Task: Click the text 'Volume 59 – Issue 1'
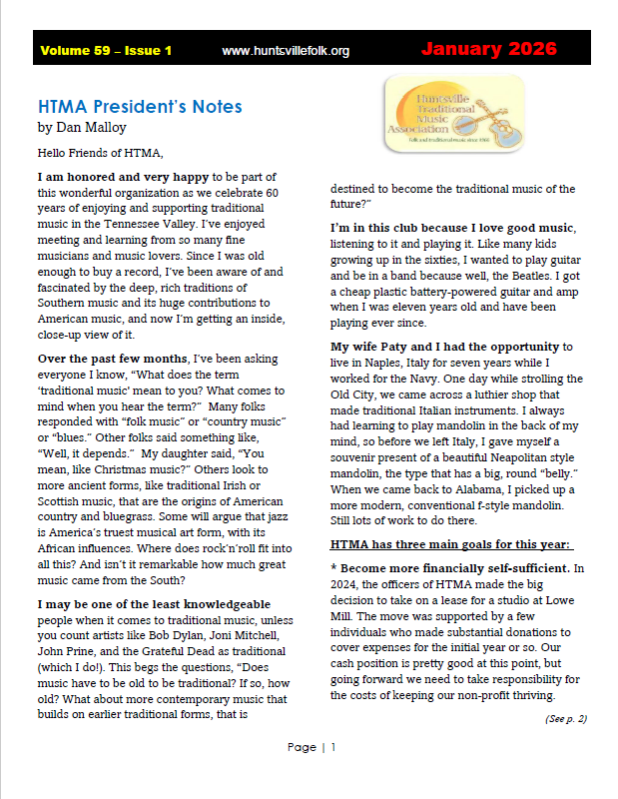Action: [x=106, y=50]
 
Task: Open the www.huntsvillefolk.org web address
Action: [x=286, y=50]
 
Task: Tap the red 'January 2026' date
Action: [x=489, y=49]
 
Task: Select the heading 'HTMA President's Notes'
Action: [x=140, y=107]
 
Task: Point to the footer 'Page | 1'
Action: [x=310, y=747]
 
